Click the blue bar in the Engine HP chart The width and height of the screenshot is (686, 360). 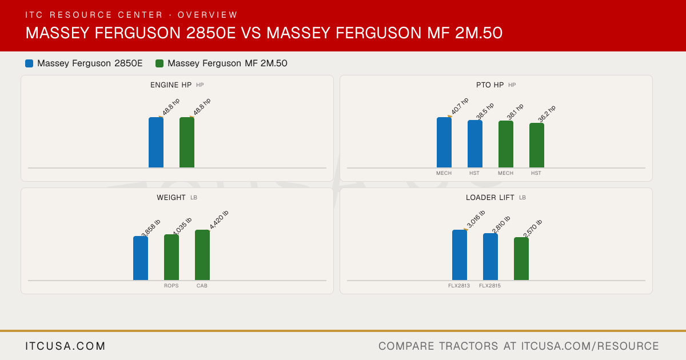(x=156, y=142)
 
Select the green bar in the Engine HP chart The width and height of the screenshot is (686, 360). (x=187, y=142)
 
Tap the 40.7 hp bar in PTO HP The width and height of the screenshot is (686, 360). (x=444, y=142)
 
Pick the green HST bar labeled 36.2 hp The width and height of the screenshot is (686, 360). (x=537, y=145)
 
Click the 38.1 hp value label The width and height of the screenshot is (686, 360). (x=515, y=111)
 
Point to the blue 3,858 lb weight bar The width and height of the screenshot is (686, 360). (x=141, y=258)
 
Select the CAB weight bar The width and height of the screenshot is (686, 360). (x=202, y=255)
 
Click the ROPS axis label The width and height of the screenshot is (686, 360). (x=171, y=286)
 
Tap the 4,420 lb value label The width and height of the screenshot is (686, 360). (x=219, y=220)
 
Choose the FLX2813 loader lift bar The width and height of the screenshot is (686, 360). (x=460, y=255)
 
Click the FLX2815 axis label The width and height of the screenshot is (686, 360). (x=490, y=286)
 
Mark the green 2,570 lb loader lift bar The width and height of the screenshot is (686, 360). (x=521, y=259)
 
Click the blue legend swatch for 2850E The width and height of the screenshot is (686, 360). (x=29, y=63)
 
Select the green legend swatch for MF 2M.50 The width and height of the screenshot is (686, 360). (x=159, y=63)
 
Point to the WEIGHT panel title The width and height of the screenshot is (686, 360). (x=171, y=198)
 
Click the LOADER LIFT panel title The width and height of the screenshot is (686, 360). (x=490, y=198)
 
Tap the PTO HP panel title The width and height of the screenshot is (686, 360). (x=490, y=85)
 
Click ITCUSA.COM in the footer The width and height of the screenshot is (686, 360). (x=65, y=346)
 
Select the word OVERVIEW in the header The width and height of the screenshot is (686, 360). (x=208, y=15)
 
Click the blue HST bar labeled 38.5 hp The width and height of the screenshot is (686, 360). (x=475, y=144)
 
